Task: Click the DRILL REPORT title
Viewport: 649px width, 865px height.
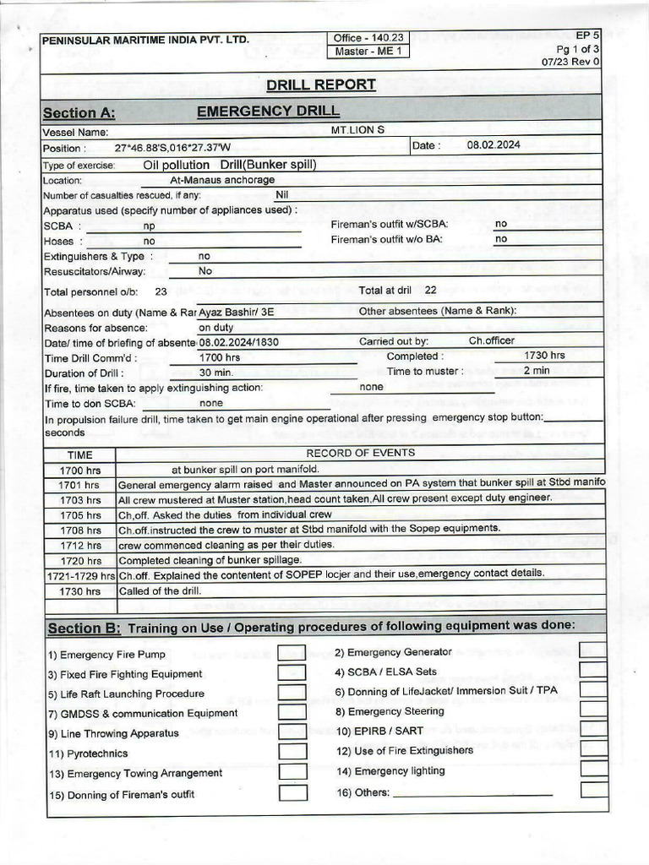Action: [320, 84]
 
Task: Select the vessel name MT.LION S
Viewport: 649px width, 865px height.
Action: [357, 131]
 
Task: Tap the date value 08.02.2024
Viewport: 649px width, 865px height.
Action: [494, 145]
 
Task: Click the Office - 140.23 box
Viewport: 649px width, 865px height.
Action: [368, 38]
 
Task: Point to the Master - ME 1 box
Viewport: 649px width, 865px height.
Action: [368, 52]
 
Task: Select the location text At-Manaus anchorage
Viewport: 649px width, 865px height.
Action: [222, 180]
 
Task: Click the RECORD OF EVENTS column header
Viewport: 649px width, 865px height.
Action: [360, 453]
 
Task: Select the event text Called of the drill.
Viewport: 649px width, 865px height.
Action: [160, 590]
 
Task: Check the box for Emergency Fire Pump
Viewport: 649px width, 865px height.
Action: [292, 654]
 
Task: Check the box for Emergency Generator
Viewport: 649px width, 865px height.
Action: [593, 650]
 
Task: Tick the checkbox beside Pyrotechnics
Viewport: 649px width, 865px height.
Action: [292, 752]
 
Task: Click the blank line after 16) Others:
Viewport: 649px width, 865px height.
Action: [472, 792]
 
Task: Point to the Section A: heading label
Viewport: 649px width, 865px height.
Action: [79, 113]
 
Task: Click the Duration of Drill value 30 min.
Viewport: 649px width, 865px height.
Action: [215, 373]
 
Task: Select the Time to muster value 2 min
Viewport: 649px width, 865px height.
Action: [536, 371]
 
